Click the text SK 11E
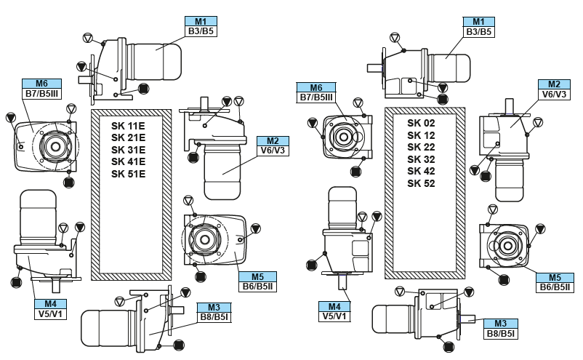[x=128, y=125]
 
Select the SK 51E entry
[x=128, y=174]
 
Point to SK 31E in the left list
[x=128, y=149]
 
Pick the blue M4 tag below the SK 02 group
[x=332, y=307]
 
